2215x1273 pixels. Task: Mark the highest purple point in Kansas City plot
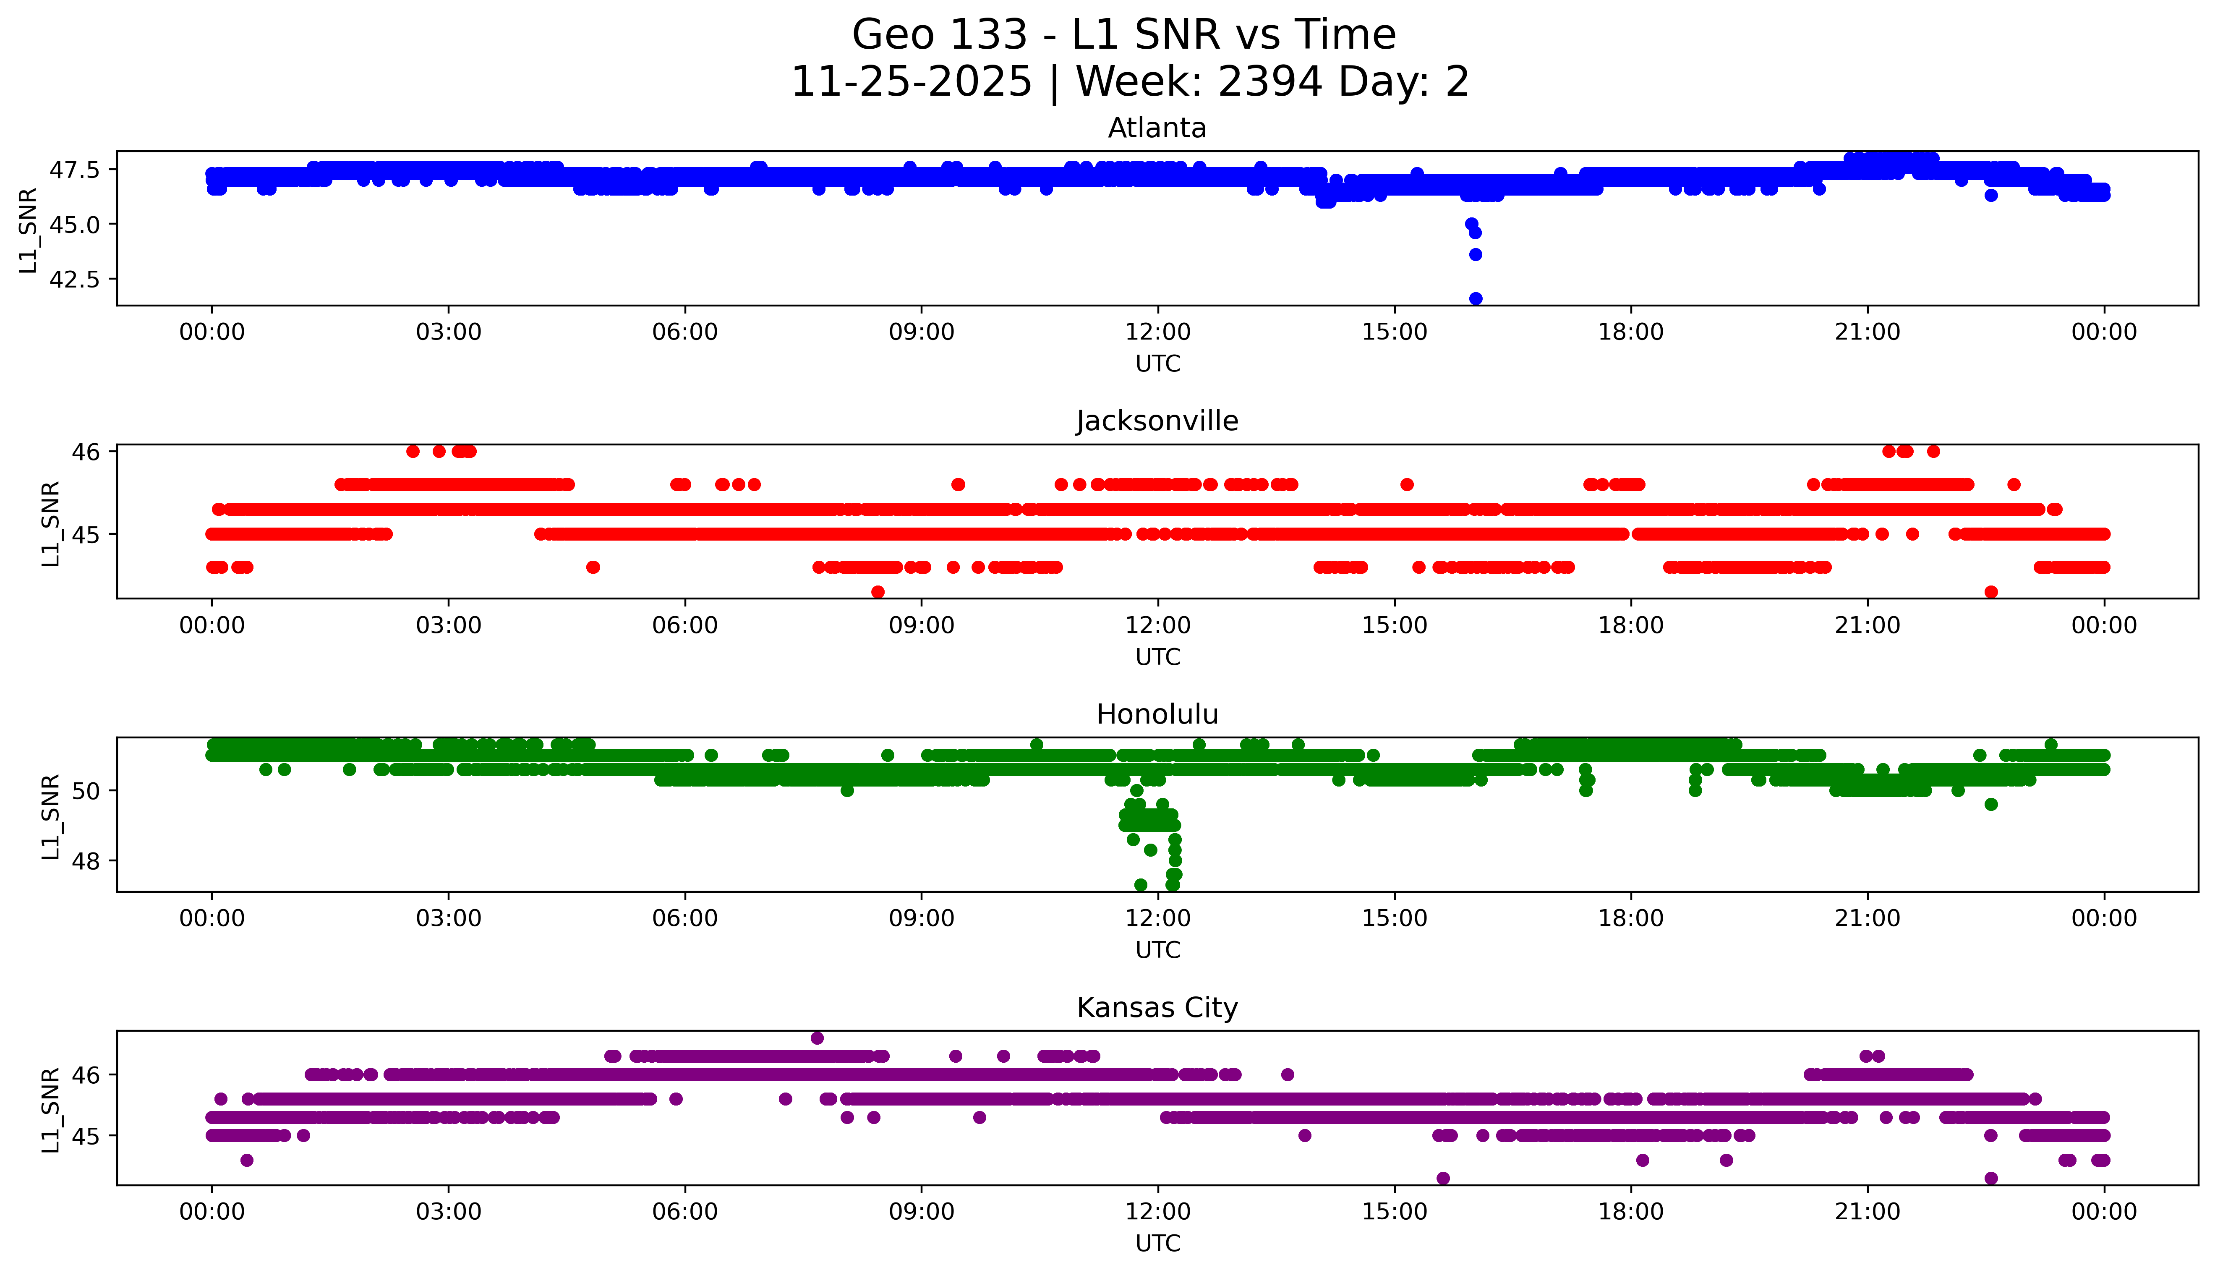pyautogui.click(x=817, y=1038)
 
